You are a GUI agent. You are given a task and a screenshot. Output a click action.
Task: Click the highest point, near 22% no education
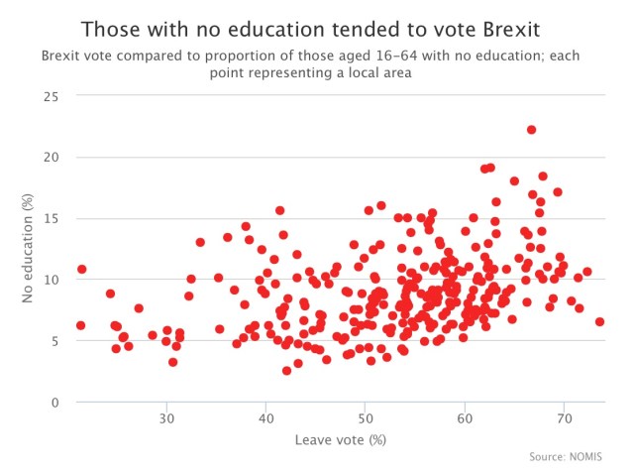pos(531,130)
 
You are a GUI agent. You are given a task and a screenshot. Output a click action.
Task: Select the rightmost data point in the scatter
pos(599,321)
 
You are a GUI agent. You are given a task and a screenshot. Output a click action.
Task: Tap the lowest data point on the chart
pos(286,371)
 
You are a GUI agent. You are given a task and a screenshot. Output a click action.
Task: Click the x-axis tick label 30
pos(166,417)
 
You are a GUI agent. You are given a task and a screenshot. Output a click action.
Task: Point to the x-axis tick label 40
pos(265,417)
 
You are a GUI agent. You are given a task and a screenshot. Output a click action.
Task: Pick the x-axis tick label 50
pos(366,417)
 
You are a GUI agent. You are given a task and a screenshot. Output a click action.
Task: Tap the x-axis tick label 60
pos(465,417)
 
